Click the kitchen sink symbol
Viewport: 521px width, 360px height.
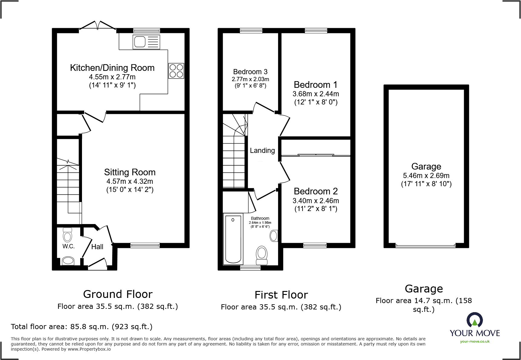point(146,42)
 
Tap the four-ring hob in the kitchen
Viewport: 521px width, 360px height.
point(176,71)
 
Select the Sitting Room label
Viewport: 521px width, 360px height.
point(130,172)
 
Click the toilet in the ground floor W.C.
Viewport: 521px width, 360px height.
point(67,235)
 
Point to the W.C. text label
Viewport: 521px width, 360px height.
point(68,246)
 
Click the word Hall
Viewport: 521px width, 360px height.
point(97,247)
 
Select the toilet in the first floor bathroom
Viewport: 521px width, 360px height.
point(262,256)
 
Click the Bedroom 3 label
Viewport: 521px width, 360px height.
point(250,72)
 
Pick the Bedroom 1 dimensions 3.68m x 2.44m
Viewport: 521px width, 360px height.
point(316,94)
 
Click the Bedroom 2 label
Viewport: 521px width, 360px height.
point(316,191)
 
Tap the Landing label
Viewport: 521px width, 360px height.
point(262,150)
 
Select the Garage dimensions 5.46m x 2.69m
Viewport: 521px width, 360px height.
point(426,176)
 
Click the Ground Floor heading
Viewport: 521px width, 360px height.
point(118,294)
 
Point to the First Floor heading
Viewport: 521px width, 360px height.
point(281,295)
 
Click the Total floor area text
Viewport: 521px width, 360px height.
point(82,327)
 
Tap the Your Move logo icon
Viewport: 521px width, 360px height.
point(474,320)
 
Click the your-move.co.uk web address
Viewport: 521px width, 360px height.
point(475,342)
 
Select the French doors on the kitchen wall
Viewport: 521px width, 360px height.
point(97,27)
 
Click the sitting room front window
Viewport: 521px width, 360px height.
point(145,245)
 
